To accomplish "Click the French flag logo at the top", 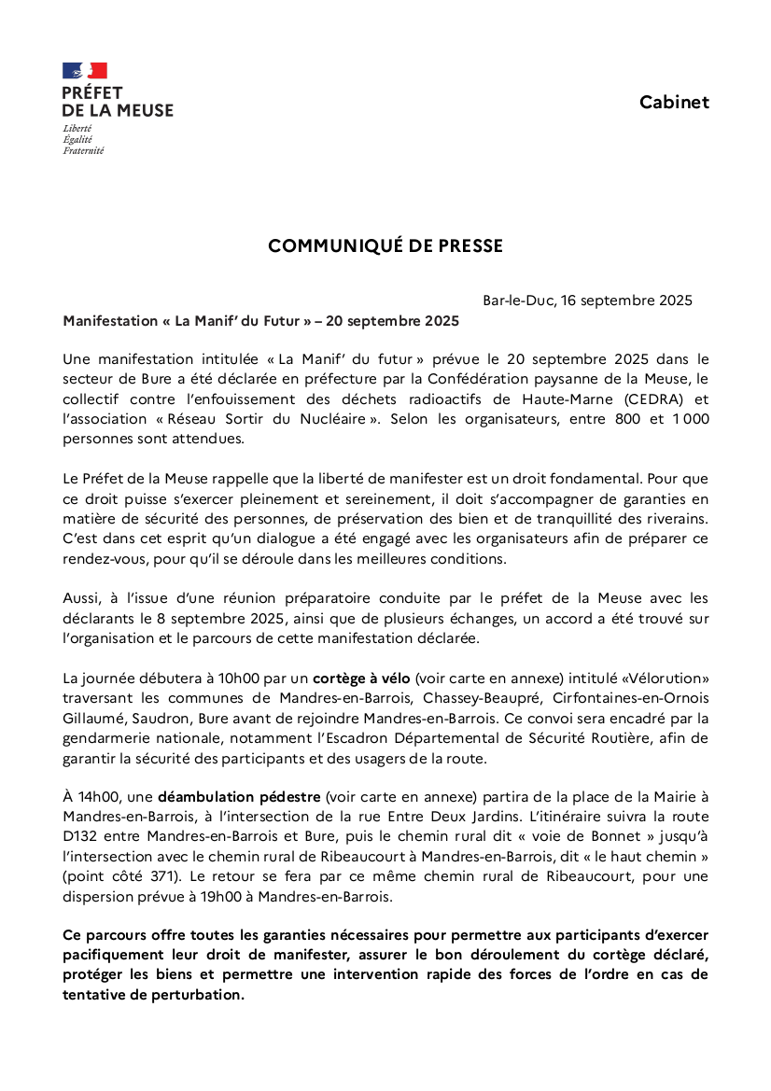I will (85, 71).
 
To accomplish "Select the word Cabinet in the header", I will (674, 103).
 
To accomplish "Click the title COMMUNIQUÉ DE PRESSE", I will (385, 246).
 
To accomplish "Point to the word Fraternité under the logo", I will (83, 150).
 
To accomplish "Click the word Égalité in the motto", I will (77, 139).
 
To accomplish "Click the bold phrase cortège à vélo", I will (361, 678).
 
